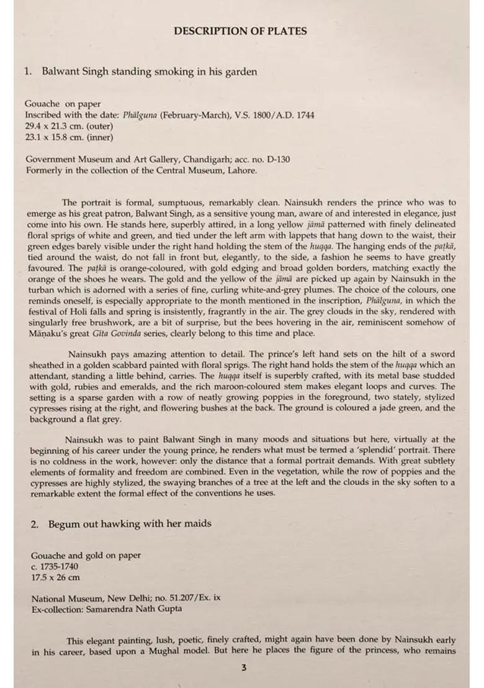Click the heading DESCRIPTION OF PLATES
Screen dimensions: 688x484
point(240,31)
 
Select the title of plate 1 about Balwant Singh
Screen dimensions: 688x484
point(149,72)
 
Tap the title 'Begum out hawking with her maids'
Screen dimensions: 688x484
point(130,524)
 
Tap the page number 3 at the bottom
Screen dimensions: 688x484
point(244,668)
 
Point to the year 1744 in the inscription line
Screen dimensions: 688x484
point(303,115)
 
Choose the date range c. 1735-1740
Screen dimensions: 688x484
point(55,567)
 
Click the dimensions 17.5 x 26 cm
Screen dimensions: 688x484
point(55,577)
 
